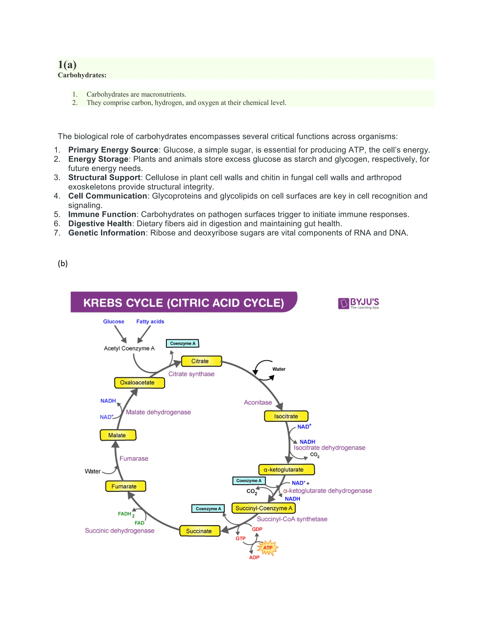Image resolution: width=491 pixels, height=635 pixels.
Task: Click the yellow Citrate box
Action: [x=201, y=361]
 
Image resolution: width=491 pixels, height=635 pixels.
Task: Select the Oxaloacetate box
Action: [x=139, y=383]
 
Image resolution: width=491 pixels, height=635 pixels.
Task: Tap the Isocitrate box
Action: [x=286, y=416]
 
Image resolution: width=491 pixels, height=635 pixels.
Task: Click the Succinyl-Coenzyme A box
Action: [x=263, y=508]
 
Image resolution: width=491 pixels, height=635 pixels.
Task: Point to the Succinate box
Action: [x=199, y=531]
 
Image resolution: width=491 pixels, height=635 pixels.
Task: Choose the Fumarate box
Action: [x=125, y=486]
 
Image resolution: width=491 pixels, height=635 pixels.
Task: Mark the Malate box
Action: [x=118, y=435]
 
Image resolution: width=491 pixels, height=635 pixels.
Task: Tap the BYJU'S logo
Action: [x=359, y=303]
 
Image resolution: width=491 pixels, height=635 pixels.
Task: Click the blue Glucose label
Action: [x=113, y=322]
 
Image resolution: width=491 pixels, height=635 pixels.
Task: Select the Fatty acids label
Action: [x=150, y=322]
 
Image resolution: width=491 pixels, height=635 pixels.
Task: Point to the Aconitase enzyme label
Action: [x=258, y=402]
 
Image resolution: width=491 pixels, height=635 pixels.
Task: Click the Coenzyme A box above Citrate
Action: [x=182, y=343]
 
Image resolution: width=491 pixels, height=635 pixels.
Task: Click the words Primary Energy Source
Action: [x=113, y=150]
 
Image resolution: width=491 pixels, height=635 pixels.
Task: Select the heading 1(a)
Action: [x=67, y=64]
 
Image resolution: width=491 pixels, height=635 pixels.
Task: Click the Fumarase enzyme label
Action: [x=134, y=458]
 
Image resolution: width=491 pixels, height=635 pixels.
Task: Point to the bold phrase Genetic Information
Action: [x=107, y=233]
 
